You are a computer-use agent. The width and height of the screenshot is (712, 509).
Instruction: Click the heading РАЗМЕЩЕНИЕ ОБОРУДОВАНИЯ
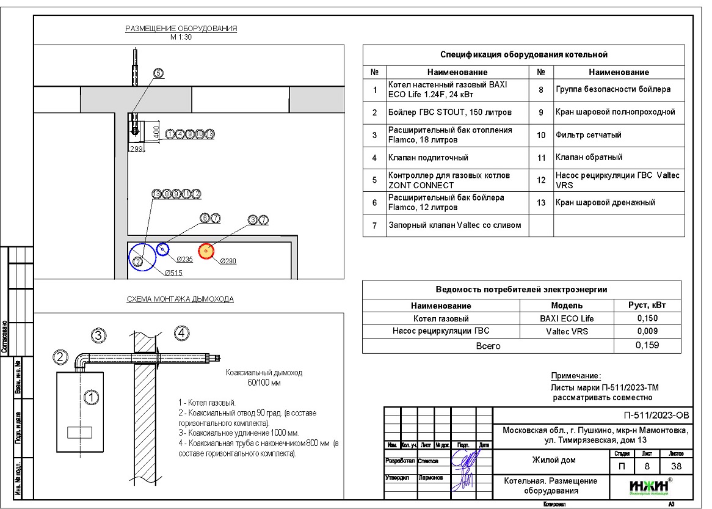pos(181,29)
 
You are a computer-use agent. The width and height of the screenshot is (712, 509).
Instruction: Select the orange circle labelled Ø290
pos(206,251)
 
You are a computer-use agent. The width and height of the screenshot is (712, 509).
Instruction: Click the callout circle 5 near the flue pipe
pos(158,73)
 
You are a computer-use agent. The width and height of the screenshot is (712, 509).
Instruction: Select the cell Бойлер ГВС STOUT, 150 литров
pos(449,112)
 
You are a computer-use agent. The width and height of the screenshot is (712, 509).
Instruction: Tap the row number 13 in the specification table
pos(540,203)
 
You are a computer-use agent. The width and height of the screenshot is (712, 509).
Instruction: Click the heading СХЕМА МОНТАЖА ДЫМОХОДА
pos(180,299)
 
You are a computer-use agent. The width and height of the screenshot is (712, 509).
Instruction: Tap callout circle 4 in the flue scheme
pos(182,333)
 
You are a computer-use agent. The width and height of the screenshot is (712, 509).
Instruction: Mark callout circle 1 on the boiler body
pos(91,398)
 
